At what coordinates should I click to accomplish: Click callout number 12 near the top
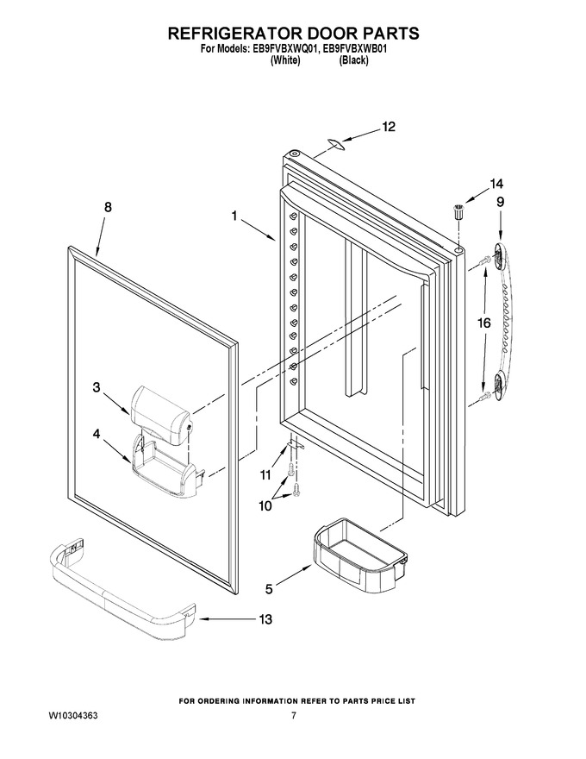coord(389,127)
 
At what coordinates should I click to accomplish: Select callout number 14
coord(496,184)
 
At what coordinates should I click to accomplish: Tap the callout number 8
coord(108,207)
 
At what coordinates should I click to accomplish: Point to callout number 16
coord(484,323)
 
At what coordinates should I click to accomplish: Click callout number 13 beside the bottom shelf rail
coord(265,619)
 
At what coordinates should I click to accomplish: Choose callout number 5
coord(269,588)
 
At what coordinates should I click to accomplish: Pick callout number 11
coord(265,475)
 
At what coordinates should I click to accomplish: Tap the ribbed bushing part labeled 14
coord(458,212)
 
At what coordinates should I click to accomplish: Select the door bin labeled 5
coord(358,546)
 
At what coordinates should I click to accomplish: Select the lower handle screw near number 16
coord(483,396)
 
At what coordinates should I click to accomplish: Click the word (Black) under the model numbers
coord(353,60)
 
